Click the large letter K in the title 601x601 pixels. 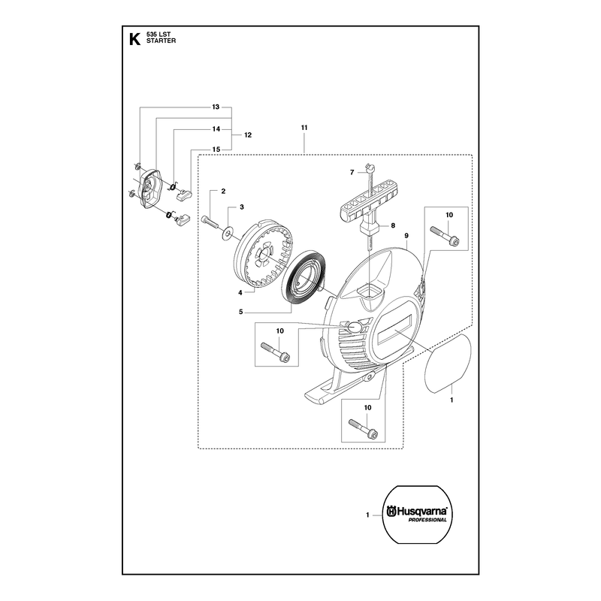coord(134,39)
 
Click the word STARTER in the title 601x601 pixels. coord(161,41)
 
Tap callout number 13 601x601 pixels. coord(216,107)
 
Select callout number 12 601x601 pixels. coord(248,135)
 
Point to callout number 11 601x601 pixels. coord(304,128)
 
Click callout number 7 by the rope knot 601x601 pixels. coord(352,173)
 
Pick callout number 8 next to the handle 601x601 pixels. coord(393,226)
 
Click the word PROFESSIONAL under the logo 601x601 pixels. coord(427,520)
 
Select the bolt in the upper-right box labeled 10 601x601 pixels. coord(445,235)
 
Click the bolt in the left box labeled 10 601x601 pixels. coord(275,351)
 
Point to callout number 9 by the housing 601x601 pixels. coord(406,236)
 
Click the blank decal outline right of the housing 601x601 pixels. coord(448,363)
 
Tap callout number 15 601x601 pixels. coord(216,149)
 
